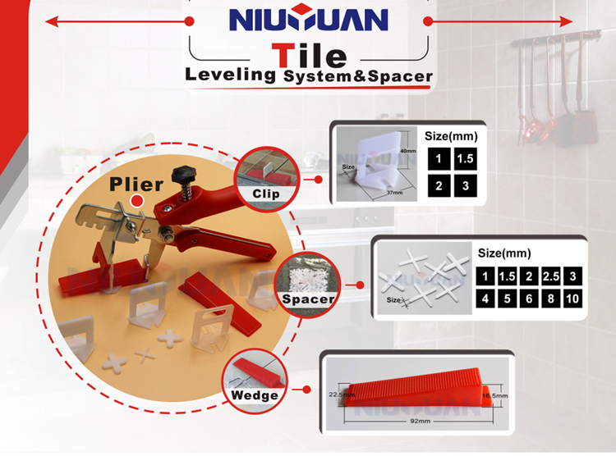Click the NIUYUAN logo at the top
click(308, 18)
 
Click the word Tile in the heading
click(309, 55)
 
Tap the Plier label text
click(136, 185)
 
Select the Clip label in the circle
click(266, 194)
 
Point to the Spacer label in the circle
click(308, 299)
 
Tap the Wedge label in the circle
click(255, 395)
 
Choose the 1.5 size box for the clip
click(466, 159)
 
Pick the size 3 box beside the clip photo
click(466, 185)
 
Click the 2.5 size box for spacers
click(551, 276)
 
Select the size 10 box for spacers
click(572, 299)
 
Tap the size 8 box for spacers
click(551, 299)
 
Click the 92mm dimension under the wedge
click(420, 421)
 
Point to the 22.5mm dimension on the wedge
click(336, 394)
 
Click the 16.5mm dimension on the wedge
click(495, 395)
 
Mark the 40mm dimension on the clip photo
click(408, 151)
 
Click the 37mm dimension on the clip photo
click(394, 193)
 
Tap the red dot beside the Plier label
click(136, 201)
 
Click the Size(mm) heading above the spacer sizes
click(504, 253)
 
